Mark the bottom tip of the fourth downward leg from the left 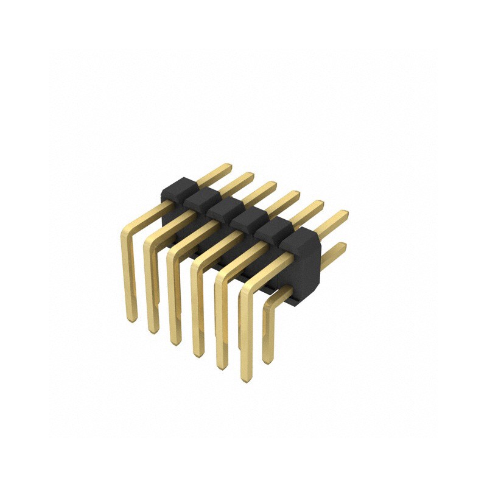point(198,353)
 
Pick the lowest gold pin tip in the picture point(245,378)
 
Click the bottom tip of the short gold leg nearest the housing point(266,360)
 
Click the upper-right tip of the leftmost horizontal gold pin point(228,166)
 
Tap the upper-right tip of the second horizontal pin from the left point(250,176)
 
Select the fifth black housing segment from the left point(272,228)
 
